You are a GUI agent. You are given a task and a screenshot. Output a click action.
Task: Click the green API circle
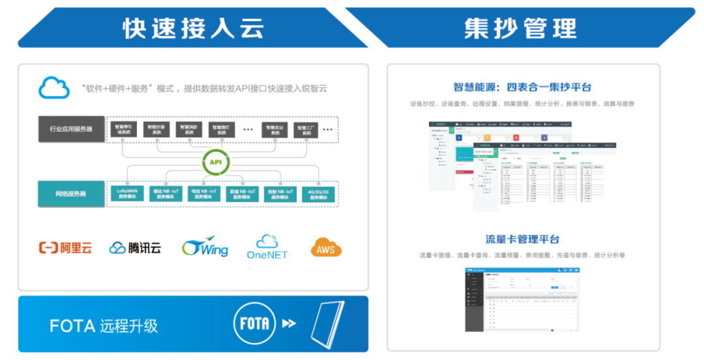coord(214,162)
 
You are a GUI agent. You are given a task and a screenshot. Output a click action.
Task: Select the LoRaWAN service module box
coord(126,194)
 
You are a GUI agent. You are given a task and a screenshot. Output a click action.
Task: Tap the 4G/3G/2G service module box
coord(321,194)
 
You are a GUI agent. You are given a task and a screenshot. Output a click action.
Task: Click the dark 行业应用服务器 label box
coord(71,129)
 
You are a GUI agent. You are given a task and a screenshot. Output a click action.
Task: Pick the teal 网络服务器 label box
coord(71,194)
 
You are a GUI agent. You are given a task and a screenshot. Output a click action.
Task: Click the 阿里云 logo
coord(66,248)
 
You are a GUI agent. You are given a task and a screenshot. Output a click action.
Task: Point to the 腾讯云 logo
coord(135,248)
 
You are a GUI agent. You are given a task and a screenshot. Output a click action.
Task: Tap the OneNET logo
coord(267,247)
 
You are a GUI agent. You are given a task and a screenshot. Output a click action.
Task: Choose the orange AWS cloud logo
coord(326,247)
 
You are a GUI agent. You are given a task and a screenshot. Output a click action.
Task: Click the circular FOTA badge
coord(253,323)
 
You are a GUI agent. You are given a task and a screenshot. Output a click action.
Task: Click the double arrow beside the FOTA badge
coord(289,323)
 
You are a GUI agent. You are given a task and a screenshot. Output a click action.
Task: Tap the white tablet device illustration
coord(329,323)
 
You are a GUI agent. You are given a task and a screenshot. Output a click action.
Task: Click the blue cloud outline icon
coord(54,87)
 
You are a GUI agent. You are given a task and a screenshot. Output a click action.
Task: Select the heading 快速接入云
coord(194,28)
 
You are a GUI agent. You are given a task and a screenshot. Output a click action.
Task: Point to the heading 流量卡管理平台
coord(522,239)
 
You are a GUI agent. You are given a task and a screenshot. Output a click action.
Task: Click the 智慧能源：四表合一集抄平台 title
coord(522,87)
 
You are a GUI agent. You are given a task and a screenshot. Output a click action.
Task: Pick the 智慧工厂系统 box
coord(307,130)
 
